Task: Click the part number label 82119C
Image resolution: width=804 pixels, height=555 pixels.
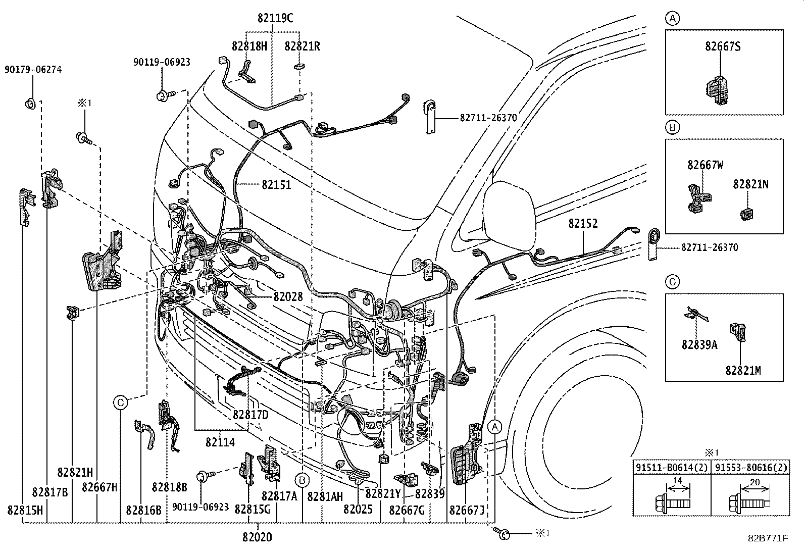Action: (275, 18)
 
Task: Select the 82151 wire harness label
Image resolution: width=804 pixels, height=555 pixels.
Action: (276, 185)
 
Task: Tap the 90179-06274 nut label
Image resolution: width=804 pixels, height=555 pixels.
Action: (33, 70)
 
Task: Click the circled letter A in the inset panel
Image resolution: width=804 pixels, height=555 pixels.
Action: (672, 19)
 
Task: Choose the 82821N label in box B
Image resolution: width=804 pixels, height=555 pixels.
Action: (750, 185)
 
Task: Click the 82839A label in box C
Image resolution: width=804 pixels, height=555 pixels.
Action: (699, 344)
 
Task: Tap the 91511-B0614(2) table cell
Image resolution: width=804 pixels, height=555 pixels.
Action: (672, 468)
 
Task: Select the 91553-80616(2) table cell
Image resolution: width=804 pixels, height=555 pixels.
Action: (749, 468)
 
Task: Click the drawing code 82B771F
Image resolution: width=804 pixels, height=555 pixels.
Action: (768, 538)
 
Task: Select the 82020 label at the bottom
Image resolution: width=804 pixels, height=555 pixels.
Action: (257, 537)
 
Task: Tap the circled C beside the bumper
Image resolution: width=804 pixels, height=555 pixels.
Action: (120, 402)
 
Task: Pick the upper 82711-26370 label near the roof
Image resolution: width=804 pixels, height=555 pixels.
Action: (488, 118)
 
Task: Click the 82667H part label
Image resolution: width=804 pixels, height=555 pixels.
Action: (99, 487)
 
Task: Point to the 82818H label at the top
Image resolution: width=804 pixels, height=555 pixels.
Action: (249, 46)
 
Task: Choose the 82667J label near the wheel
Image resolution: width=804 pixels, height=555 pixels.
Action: (467, 510)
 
